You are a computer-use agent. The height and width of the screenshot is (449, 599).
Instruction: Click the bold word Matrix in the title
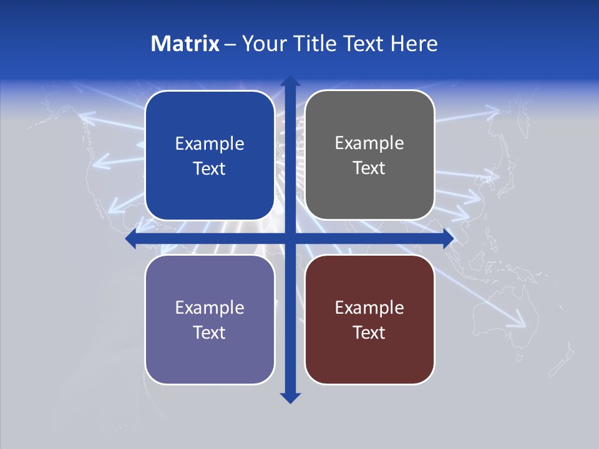tap(185, 44)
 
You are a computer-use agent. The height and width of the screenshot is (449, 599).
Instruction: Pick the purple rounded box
tap(210, 355)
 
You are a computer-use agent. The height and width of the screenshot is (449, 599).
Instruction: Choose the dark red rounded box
tap(369, 355)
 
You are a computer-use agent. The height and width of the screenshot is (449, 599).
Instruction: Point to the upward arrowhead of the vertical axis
tap(290, 82)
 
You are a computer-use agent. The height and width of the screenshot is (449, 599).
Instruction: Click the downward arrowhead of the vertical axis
tap(290, 397)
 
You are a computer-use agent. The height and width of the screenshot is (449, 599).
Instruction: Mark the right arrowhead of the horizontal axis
tap(447, 238)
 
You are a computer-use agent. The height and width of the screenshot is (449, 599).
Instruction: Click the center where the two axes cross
tap(290, 238)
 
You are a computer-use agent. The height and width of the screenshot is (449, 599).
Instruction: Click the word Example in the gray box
tap(369, 143)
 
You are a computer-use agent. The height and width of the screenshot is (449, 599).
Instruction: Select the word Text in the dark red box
tap(369, 332)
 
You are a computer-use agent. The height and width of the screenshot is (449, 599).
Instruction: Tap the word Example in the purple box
tap(210, 307)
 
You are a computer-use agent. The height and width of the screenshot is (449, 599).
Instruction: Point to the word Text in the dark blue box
tap(210, 168)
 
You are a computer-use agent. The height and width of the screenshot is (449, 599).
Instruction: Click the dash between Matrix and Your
tap(230, 44)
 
